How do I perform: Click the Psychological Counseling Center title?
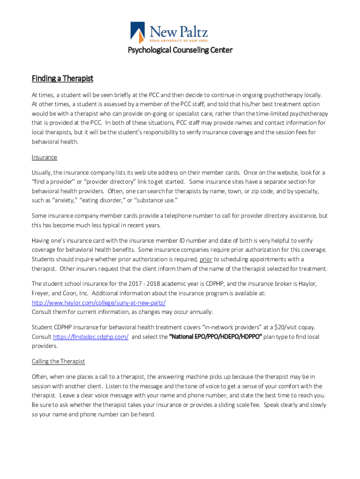(x=180, y=50)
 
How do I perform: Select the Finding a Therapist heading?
(x=63, y=78)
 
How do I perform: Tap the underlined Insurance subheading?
(x=44, y=157)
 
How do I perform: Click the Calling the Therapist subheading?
(x=58, y=361)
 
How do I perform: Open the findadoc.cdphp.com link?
(x=91, y=337)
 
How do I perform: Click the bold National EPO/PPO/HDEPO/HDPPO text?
(x=215, y=337)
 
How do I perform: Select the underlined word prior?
(x=206, y=259)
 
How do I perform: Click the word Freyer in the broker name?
(x=41, y=293)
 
